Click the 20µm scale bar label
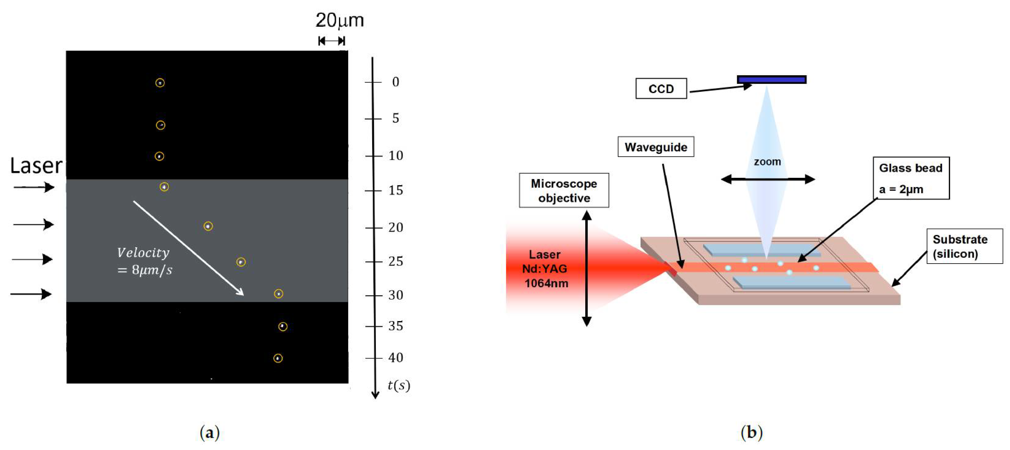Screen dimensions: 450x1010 [340, 20]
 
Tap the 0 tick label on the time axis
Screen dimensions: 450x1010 [396, 82]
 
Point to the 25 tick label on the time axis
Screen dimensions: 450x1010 [396, 261]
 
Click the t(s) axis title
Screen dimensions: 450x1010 [399, 385]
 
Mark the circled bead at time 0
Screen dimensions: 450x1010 [160, 83]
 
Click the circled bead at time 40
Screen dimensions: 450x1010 [278, 358]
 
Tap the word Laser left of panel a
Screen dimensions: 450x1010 [36, 166]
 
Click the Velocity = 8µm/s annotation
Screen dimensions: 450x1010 [144, 261]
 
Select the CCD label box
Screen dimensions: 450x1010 [661, 89]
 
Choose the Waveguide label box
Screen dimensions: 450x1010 [656, 147]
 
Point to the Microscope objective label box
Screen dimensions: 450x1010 [564, 191]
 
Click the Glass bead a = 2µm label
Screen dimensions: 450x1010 [911, 178]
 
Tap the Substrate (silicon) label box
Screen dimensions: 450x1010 [965, 246]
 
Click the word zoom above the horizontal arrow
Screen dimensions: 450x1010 [767, 162]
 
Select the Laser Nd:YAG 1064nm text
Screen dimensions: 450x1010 [545, 269]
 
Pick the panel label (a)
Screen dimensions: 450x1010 [210, 433]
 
